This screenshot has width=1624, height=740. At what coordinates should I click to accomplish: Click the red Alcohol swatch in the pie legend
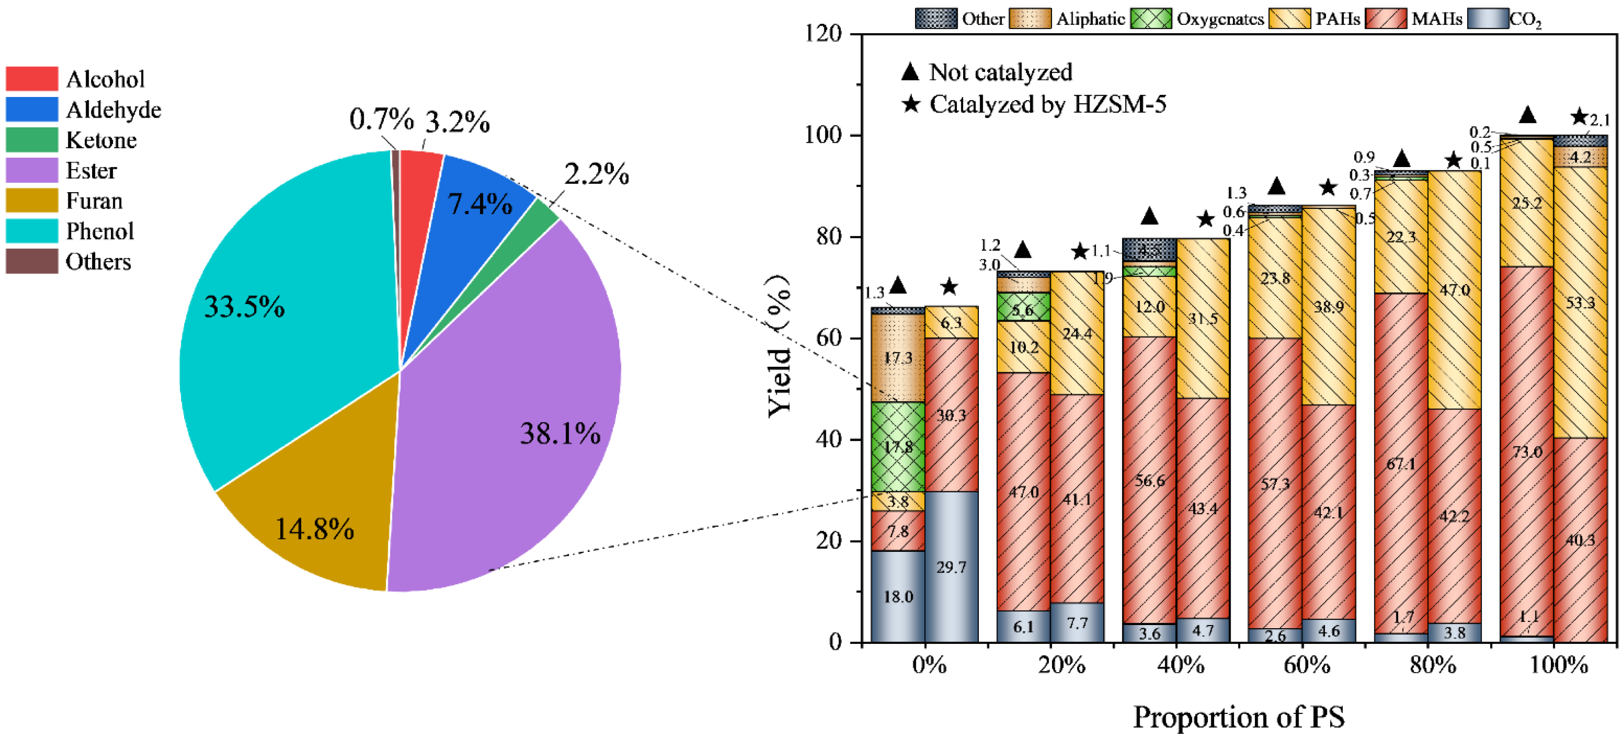click(31, 79)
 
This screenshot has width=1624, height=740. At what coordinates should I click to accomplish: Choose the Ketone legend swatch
click(31, 139)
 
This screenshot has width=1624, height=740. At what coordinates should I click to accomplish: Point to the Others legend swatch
click(31, 261)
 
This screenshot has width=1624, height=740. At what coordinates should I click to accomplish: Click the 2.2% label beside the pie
click(596, 175)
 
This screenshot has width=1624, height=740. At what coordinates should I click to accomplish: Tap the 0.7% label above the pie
click(381, 119)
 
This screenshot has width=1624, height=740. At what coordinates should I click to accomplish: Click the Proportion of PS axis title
click(1238, 717)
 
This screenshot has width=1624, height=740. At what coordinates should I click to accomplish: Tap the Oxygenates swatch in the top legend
click(1151, 19)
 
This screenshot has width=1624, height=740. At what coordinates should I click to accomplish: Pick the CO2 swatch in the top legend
click(1487, 19)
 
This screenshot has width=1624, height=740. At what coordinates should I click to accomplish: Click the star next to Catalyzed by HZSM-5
click(911, 104)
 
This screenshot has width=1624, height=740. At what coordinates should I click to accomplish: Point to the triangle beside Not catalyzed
click(911, 72)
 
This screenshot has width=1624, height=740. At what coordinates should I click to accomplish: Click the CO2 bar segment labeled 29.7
click(951, 567)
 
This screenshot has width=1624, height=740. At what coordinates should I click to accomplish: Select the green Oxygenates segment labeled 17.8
click(898, 446)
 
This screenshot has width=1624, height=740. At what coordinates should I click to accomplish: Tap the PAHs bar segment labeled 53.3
click(1580, 303)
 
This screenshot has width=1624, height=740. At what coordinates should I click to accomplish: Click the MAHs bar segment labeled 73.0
click(1527, 451)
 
